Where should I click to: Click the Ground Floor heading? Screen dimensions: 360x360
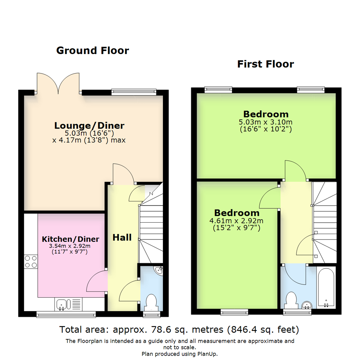coord(92,51)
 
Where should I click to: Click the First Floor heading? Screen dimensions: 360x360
coord(265,64)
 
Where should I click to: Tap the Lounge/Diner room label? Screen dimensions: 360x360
coord(89,126)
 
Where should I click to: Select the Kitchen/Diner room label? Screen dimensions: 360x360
coord(70,239)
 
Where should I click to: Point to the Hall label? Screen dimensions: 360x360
coord(122,237)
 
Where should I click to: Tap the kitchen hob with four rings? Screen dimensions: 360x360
coord(31,261)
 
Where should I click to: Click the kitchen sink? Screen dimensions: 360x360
coord(62,304)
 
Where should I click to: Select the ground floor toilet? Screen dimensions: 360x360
coord(152,302)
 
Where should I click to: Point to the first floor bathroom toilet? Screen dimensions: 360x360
coord(291,300)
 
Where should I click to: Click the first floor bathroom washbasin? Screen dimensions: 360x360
coord(306,304)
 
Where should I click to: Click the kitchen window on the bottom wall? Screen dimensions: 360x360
coord(66,314)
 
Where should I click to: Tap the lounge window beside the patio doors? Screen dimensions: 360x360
coord(134,91)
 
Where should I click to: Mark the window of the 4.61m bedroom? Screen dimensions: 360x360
coord(234,312)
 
